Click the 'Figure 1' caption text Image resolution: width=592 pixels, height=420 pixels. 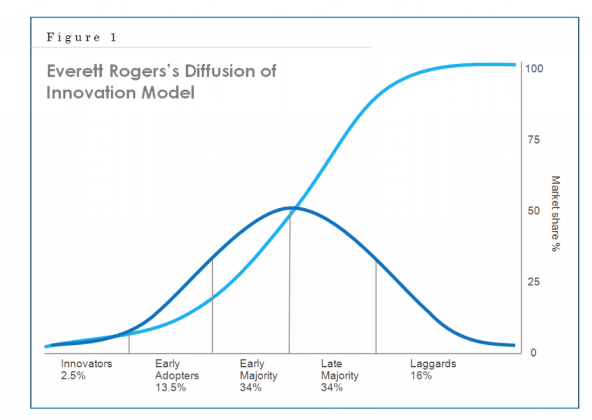click(x=81, y=38)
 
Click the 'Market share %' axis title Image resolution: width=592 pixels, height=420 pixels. click(x=556, y=214)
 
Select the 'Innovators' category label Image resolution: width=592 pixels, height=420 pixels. click(x=86, y=364)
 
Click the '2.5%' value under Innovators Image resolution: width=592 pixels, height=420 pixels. click(x=73, y=375)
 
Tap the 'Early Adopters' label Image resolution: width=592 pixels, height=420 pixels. click(x=177, y=370)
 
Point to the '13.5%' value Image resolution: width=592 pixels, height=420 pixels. click(x=171, y=388)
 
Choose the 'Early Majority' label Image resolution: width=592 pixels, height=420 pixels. click(x=258, y=370)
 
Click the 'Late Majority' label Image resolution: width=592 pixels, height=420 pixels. click(x=339, y=370)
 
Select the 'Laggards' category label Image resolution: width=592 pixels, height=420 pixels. click(x=433, y=364)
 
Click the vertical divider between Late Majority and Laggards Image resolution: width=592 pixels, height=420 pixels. click(x=376, y=307)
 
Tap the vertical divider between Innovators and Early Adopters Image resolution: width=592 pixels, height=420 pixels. click(x=129, y=342)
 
